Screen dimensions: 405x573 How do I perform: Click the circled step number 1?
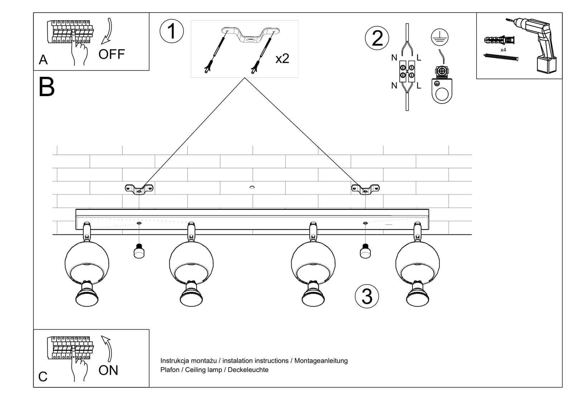tap(172, 31)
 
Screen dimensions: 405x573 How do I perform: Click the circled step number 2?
tap(377, 38)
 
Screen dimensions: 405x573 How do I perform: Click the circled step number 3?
tap(367, 296)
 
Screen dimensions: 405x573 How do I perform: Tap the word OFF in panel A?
tap(111, 54)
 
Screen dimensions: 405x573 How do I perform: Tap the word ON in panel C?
tap(108, 370)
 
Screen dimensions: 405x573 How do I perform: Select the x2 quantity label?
tap(282, 58)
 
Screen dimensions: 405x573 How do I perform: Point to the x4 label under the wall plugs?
tap(503, 50)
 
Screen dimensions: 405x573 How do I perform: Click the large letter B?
tap(47, 87)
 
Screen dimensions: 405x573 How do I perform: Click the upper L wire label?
tap(419, 57)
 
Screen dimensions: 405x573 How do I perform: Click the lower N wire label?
tap(394, 86)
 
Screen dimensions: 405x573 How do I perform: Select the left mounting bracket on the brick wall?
tap(139, 189)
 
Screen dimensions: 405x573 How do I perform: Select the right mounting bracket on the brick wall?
tap(365, 189)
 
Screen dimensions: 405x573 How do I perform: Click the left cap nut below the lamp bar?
tap(139, 251)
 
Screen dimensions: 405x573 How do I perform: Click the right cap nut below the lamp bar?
tap(365, 251)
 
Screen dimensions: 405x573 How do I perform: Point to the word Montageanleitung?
tap(321, 361)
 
